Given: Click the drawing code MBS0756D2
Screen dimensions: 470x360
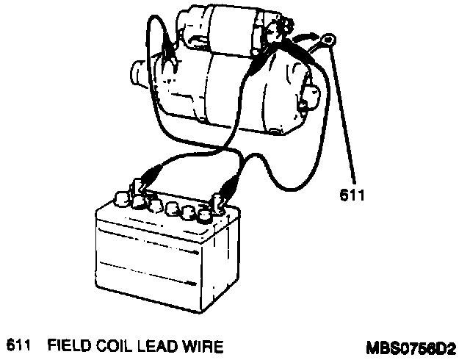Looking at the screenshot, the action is point(411,345).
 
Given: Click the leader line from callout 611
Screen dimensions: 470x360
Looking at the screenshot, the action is point(345,118).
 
